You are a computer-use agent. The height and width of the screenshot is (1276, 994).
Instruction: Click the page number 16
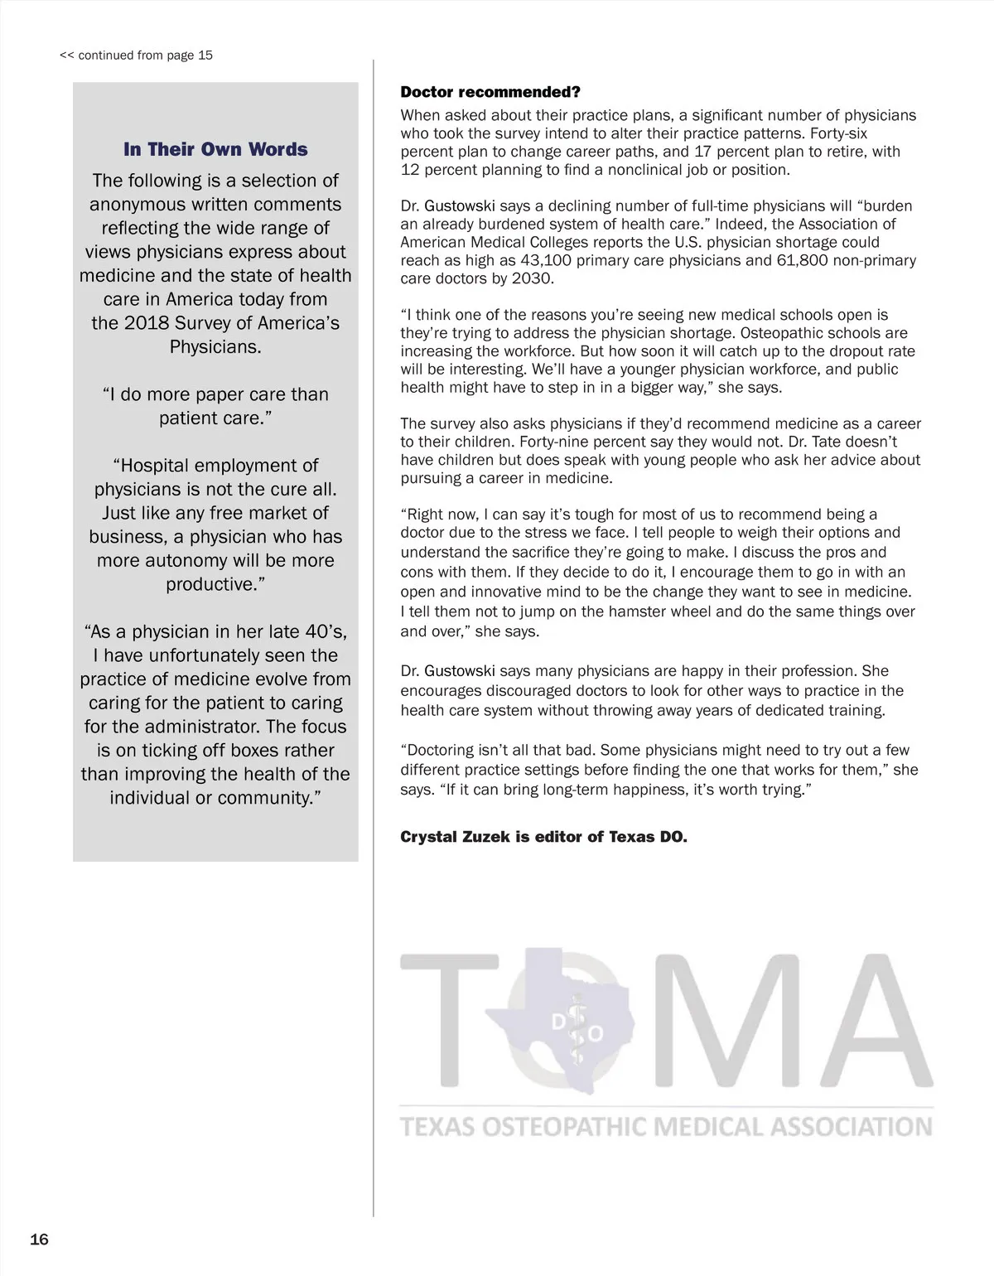click(x=39, y=1240)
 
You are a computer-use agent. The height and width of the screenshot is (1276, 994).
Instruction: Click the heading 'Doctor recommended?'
click(x=490, y=92)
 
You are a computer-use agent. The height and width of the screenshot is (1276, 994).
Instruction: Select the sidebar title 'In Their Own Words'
click(x=215, y=149)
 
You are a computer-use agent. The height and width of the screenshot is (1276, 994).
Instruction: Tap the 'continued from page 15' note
click(x=137, y=56)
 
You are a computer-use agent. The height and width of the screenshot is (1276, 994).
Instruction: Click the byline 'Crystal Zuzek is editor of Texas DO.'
click(x=543, y=837)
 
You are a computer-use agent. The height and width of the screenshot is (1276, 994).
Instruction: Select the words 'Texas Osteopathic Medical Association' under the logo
click(x=666, y=1127)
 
